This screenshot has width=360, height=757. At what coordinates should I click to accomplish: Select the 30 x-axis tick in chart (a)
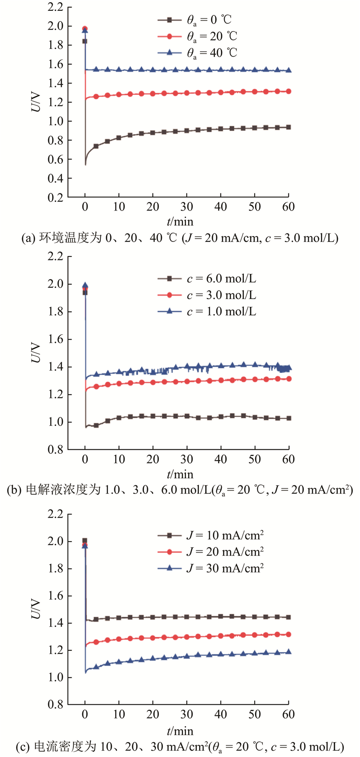tap(187, 207)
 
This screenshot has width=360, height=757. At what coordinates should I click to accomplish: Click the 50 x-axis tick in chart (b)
tap(255, 459)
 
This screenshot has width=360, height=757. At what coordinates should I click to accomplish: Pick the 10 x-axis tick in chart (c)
tap(119, 714)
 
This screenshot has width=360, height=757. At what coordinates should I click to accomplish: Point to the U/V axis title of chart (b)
tap(36, 353)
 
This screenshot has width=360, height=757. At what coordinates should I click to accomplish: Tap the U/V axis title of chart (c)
tap(36, 609)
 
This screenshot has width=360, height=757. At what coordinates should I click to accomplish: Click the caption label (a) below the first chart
tap(28, 238)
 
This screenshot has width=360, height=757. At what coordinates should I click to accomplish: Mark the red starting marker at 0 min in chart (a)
tap(85, 29)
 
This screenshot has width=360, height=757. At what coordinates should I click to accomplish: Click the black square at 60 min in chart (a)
tap(288, 127)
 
